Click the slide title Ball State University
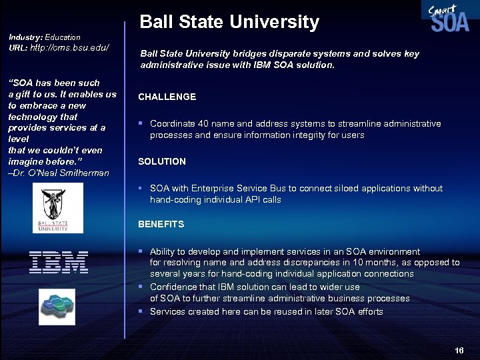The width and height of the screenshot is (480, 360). point(229,22)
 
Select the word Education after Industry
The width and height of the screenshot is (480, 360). point(63,37)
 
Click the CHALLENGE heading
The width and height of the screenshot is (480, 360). point(167,97)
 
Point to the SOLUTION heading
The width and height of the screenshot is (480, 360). point(162,161)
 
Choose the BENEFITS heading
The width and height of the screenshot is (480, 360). point(161,224)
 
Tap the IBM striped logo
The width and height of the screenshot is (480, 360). point(59,262)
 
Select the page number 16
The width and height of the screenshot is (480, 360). point(459,351)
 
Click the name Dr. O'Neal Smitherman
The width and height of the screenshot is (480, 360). point(63,173)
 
